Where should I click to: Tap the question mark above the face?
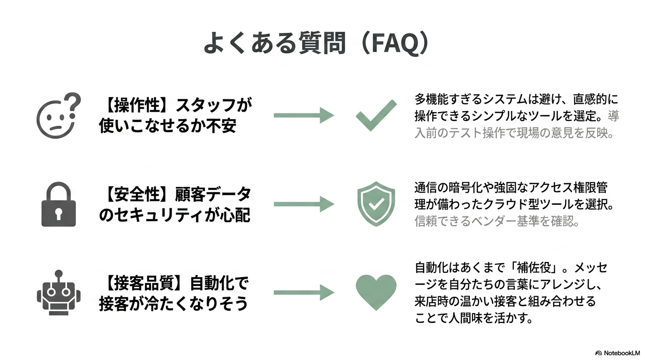point(72,105)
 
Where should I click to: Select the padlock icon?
point(59,204)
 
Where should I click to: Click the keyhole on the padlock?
point(59,214)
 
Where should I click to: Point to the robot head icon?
point(59,292)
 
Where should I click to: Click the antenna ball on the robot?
point(59,273)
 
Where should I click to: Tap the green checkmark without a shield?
point(376,115)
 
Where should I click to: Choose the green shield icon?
point(376,204)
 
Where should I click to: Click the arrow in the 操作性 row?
point(304,115)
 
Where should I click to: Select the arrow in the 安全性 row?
point(304,204)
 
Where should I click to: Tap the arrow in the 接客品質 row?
point(304,292)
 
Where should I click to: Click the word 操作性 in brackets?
point(137,105)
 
